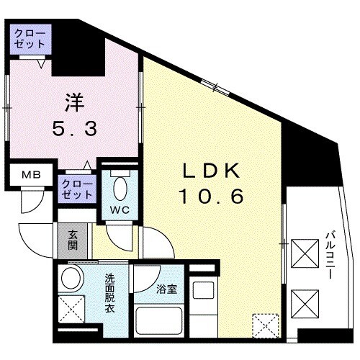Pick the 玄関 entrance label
[74, 238]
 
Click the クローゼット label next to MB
[77, 189]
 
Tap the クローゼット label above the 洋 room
[31, 37]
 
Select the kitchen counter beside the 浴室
[202, 310]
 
